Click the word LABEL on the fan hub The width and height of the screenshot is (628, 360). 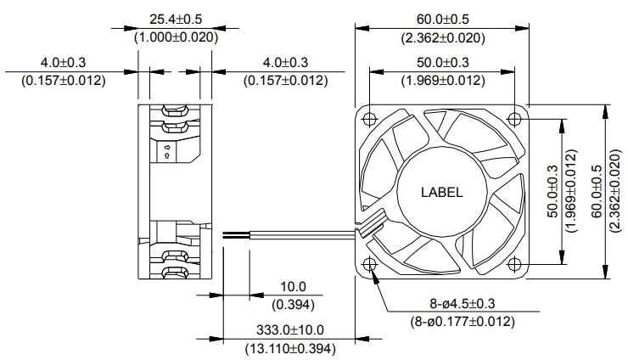[442, 192]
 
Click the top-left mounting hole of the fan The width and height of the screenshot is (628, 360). [369, 119]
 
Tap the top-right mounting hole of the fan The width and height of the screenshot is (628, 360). [514, 119]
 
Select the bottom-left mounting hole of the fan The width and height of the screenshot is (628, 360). [369, 264]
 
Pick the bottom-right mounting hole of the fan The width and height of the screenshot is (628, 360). [514, 264]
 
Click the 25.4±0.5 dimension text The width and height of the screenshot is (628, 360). [176, 19]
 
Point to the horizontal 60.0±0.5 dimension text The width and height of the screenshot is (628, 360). [442, 19]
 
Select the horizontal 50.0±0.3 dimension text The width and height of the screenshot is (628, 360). [442, 62]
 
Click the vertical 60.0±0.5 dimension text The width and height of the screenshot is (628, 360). [597, 191]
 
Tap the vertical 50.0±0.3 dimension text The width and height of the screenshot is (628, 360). [552, 191]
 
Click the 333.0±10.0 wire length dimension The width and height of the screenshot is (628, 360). [290, 330]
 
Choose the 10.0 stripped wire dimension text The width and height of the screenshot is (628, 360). [293, 287]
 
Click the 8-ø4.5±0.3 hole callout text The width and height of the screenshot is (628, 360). [463, 303]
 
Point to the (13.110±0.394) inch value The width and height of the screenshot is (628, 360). [290, 348]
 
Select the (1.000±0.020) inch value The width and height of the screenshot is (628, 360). [176, 37]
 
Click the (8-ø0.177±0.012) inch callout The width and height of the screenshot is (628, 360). [463, 322]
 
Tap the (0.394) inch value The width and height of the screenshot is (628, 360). [293, 305]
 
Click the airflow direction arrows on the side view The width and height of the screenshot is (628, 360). [167, 151]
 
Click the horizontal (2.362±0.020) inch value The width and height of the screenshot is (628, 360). [443, 37]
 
